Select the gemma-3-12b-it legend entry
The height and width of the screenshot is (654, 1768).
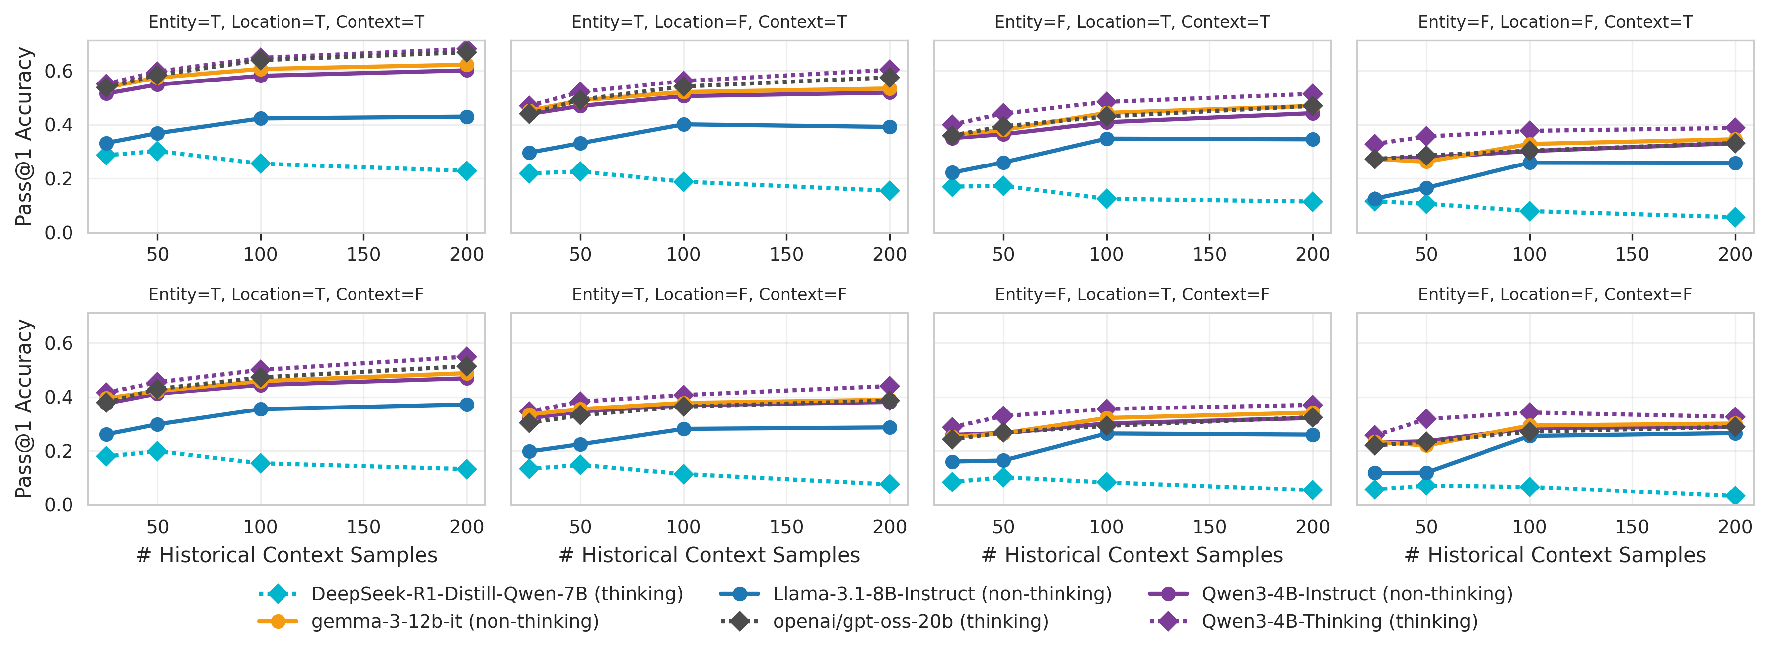[454, 621]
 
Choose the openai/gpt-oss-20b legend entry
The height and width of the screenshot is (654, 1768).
[910, 621]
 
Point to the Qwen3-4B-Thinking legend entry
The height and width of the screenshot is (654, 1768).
[1339, 621]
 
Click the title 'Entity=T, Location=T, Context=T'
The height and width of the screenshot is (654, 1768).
[286, 22]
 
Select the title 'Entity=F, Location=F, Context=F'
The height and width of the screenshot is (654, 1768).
[1555, 295]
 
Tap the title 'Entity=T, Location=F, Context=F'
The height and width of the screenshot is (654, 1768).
[709, 295]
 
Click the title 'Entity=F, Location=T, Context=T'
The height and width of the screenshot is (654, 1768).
[1132, 22]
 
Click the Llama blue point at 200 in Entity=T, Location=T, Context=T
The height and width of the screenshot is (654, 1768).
[467, 117]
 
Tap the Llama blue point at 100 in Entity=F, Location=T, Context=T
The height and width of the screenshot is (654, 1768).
[1106, 139]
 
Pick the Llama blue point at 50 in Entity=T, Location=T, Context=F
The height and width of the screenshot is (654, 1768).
[157, 424]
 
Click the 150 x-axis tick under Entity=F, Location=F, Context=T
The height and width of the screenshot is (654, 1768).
[1632, 255]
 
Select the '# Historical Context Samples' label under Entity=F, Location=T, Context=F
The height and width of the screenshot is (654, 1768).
[1132, 555]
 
